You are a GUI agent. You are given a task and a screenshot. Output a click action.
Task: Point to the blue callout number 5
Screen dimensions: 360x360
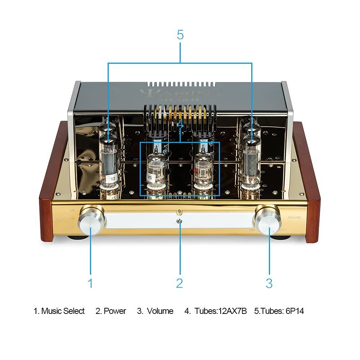point(180,35)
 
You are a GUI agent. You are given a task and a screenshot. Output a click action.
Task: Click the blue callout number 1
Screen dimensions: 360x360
point(90,283)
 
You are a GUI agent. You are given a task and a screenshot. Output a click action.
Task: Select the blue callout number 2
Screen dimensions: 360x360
point(180,283)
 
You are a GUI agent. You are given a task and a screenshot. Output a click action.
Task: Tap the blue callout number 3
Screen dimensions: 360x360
point(269,283)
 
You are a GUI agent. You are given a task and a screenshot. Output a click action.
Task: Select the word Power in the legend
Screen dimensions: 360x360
point(115,311)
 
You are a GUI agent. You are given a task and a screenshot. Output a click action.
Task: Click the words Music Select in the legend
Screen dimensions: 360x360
point(63,311)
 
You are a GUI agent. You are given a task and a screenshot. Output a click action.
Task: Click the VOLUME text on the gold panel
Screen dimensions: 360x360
point(294,218)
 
